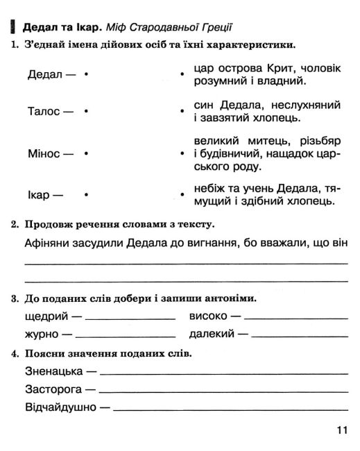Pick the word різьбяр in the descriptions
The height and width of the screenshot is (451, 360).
coord(316,140)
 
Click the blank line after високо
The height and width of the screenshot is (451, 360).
coord(297,317)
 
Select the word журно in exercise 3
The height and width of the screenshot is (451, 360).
coord(40,334)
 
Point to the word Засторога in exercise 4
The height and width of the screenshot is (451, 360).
coord(53,389)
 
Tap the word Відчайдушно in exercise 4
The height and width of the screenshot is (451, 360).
coord(60,407)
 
